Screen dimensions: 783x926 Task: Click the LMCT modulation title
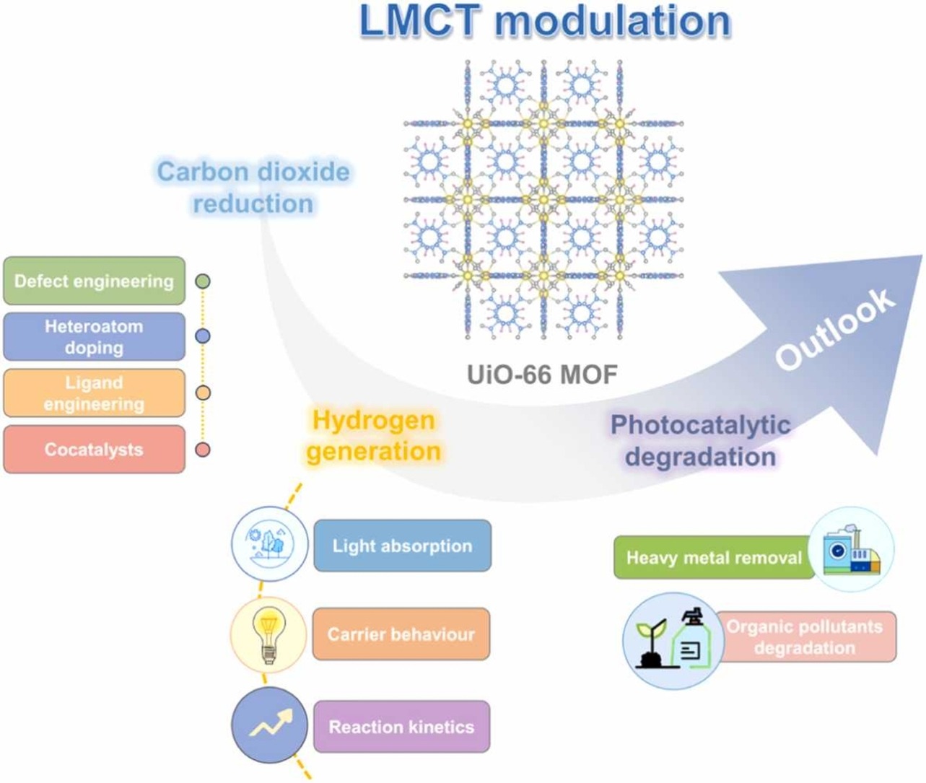coord(545,21)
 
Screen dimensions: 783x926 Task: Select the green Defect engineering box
coord(94,281)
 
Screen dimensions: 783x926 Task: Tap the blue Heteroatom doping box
coord(94,336)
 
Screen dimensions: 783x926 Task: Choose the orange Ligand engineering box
coord(94,393)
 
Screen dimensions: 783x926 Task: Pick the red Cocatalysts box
coord(94,450)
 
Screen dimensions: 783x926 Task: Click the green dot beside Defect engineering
coord(203,281)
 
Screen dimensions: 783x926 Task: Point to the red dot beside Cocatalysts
coord(203,450)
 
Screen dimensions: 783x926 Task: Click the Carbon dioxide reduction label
coord(253,187)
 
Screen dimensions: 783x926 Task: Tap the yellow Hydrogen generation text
coord(373,436)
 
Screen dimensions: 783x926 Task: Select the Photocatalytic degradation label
coord(700,440)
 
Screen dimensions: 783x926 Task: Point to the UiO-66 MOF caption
coord(542,375)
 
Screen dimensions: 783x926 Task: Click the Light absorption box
coord(402,546)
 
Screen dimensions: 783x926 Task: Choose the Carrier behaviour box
coord(401,634)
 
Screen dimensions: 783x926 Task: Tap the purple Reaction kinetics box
coord(401,726)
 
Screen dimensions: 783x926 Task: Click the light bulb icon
coord(269,634)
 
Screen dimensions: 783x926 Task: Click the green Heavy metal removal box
coord(713,557)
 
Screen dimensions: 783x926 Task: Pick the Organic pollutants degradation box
coord(805,637)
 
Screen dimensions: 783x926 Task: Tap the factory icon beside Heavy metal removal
coord(852,550)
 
